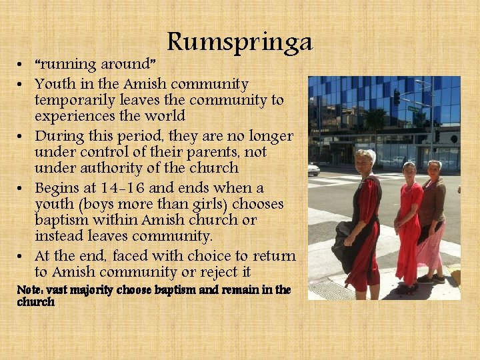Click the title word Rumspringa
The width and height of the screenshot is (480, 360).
[239, 43]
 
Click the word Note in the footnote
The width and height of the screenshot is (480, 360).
[30, 290]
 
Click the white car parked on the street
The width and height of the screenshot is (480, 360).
[313, 169]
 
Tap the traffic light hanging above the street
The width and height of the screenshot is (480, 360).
[397, 97]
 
